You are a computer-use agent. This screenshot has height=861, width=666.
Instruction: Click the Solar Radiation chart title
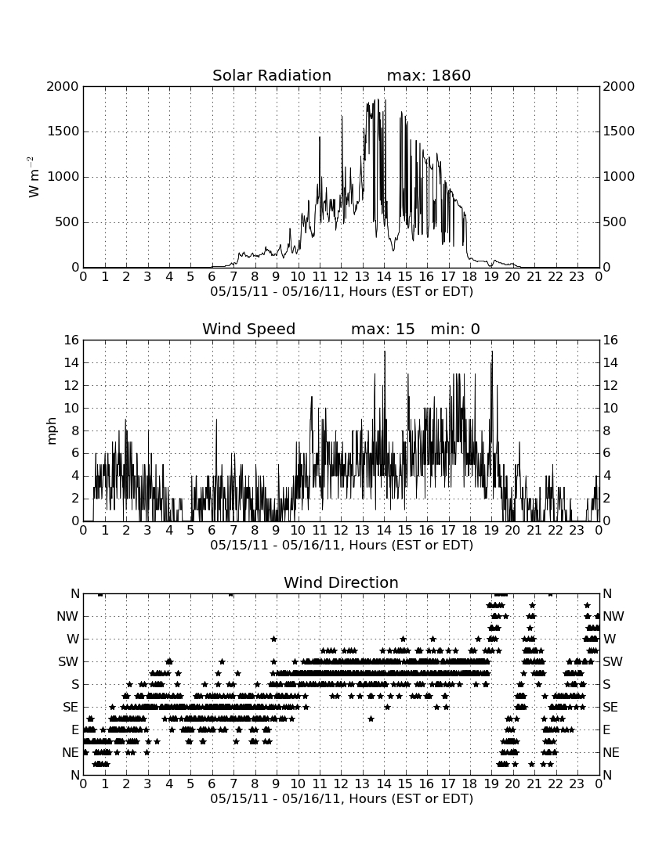click(x=272, y=75)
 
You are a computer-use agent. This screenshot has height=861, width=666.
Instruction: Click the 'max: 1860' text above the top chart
click(x=429, y=75)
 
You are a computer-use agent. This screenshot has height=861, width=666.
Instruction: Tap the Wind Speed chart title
click(x=249, y=329)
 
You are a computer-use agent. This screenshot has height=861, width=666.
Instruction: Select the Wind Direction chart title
click(x=342, y=582)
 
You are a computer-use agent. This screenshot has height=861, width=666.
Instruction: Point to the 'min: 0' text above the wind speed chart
click(x=455, y=329)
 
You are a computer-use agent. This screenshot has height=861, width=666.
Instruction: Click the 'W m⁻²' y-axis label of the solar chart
click(x=34, y=177)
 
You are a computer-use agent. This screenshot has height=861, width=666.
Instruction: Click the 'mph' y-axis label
click(x=52, y=431)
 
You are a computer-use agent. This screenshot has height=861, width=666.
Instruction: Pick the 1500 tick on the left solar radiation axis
click(x=63, y=131)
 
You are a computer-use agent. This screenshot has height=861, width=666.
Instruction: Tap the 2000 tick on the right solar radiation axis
click(x=619, y=87)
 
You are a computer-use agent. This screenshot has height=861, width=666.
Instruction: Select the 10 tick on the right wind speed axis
click(x=610, y=408)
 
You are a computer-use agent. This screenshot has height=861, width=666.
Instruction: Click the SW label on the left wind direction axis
click(x=69, y=661)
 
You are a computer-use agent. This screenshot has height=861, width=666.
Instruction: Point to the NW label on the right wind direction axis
click(x=614, y=617)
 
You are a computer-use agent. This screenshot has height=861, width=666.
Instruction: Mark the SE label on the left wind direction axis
click(x=71, y=708)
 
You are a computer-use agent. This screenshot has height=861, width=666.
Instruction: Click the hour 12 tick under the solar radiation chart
click(x=342, y=277)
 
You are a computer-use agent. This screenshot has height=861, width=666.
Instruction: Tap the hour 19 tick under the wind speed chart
click(x=491, y=531)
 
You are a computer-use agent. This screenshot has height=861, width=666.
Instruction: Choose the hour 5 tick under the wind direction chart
click(x=190, y=784)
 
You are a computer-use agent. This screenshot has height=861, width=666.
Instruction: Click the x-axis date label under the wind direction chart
click(x=342, y=798)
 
